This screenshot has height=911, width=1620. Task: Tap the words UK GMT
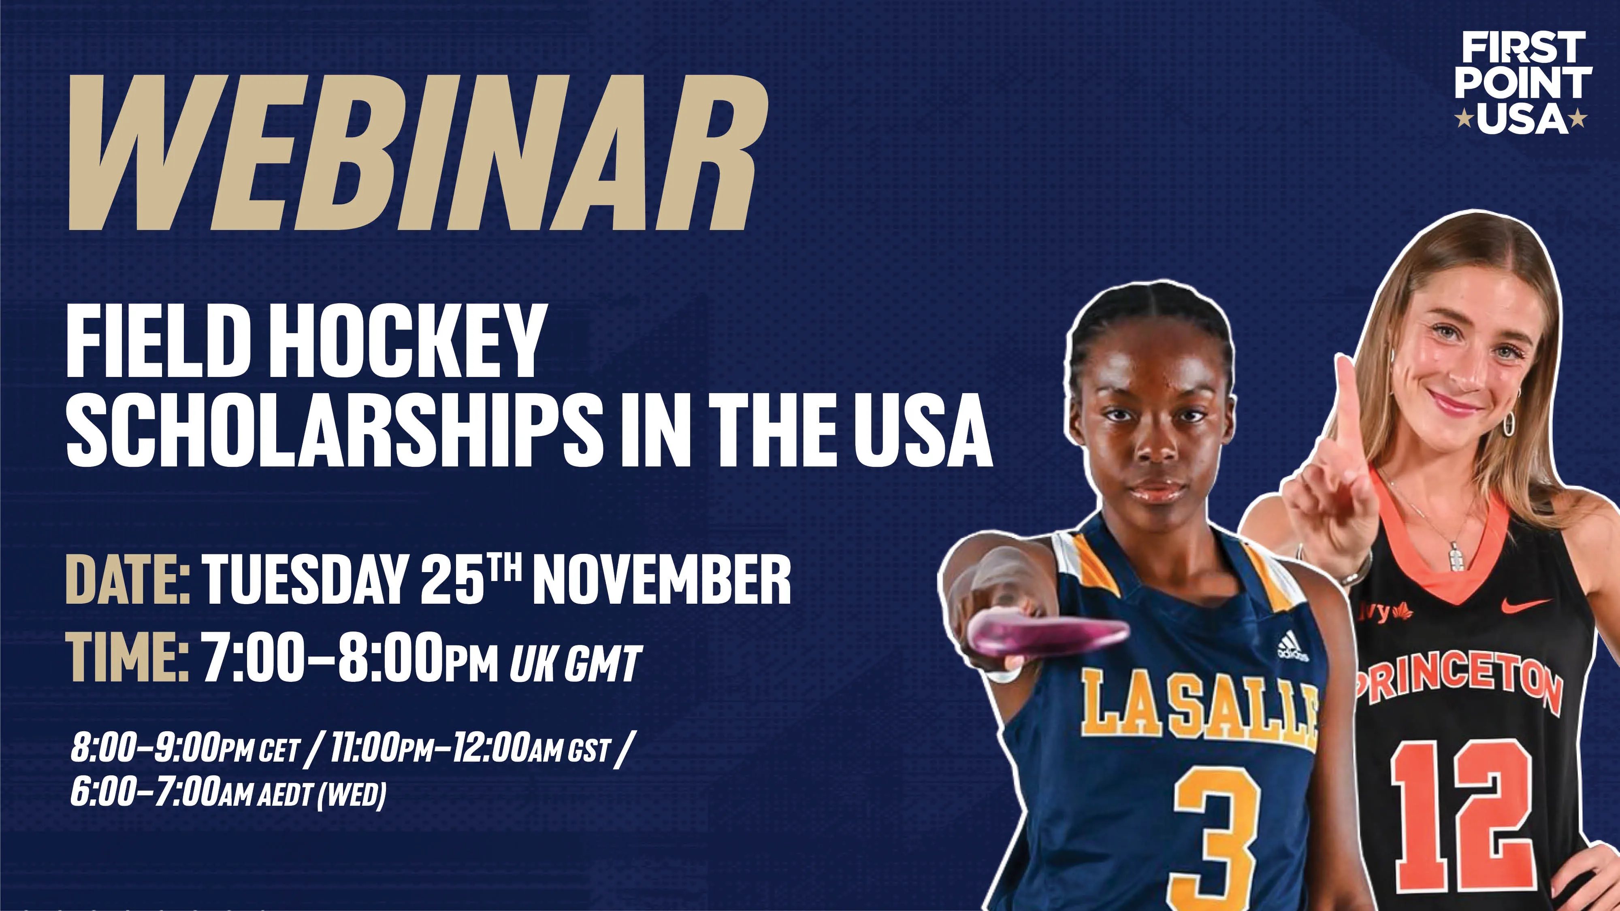coord(576,663)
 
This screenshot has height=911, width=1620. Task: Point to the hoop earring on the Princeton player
coord(1508,422)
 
